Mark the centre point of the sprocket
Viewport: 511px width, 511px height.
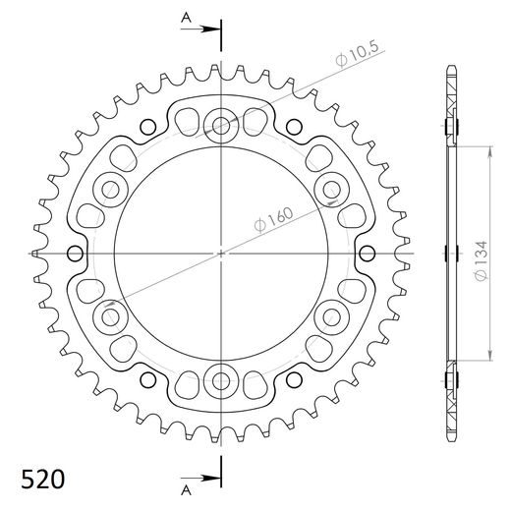coord(221,253)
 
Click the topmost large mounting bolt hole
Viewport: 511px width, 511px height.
coord(221,125)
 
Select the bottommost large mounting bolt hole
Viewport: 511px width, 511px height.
coord(221,380)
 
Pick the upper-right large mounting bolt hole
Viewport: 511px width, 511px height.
coord(332,189)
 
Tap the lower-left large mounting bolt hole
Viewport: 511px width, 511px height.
coord(110,316)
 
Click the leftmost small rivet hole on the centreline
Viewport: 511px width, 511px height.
coord(74,253)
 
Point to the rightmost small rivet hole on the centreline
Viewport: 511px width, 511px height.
coord(369,253)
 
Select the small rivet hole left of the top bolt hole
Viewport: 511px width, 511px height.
coord(147,125)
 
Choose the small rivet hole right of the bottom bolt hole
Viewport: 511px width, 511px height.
coord(295,380)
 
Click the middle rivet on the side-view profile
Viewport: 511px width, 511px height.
coord(451,253)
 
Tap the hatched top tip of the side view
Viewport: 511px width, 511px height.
coord(451,84)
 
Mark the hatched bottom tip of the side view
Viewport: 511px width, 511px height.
coord(451,423)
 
